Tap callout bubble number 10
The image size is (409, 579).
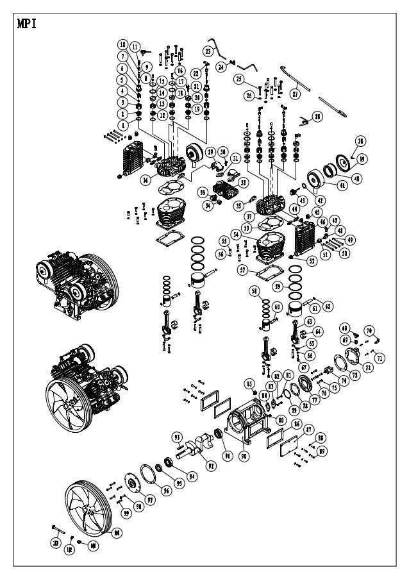coord(122,44)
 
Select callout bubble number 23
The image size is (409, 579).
coord(208,50)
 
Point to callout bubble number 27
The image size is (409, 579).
coord(296,94)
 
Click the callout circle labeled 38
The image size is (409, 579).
coord(360,141)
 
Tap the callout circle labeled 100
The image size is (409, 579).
coord(117,533)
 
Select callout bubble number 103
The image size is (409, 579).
coord(56,543)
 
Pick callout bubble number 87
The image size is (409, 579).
coord(308,430)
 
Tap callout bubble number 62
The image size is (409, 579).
coord(327,306)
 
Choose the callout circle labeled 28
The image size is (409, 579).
coord(317,117)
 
